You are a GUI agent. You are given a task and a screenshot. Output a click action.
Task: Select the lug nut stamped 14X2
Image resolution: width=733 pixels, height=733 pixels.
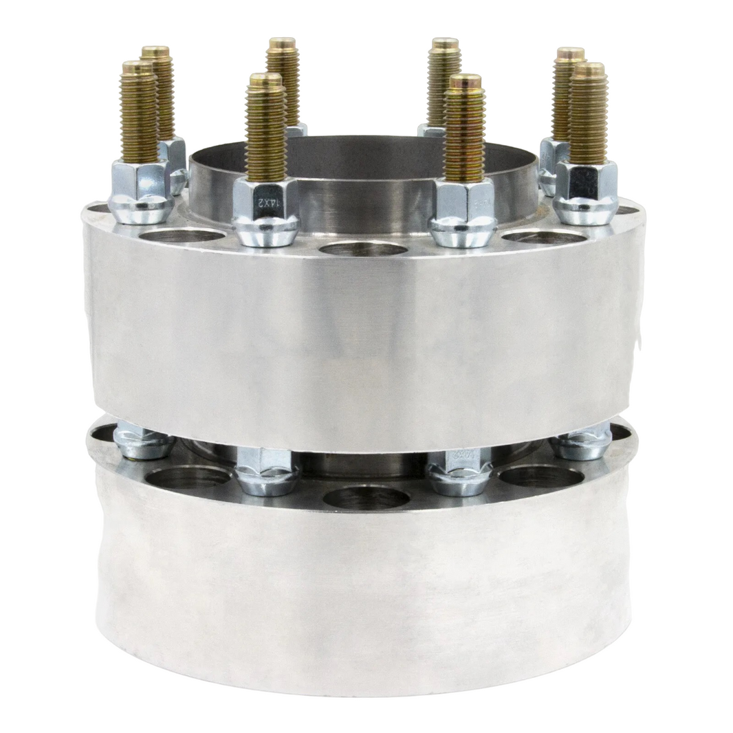click(x=265, y=213)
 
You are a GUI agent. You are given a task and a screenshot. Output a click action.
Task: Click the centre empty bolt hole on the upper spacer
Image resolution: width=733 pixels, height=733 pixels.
click(x=364, y=248)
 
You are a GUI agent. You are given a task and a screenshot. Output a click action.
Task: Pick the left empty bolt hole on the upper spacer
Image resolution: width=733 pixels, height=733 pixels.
click(x=182, y=236)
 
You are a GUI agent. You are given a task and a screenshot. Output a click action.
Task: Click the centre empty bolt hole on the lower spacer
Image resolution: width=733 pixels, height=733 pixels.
click(x=365, y=496)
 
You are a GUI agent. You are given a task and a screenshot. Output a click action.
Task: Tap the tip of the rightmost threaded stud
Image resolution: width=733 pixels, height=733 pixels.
click(x=589, y=69)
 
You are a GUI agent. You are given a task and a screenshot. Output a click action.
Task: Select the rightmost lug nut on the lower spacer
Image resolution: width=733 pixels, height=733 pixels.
click(x=581, y=443)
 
